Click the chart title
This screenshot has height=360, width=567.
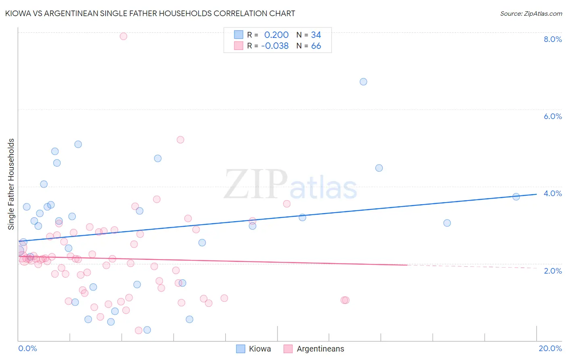(150, 13)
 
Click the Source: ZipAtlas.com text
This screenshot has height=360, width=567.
(531, 13)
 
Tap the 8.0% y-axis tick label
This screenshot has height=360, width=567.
(552, 39)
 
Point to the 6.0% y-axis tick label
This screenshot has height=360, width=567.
(552, 116)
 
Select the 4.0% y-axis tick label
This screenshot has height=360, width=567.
(552, 193)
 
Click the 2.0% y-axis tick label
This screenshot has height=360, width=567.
(552, 271)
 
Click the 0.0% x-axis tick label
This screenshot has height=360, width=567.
(27, 348)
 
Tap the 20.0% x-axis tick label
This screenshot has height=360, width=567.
(550, 348)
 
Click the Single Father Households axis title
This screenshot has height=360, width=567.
(11, 184)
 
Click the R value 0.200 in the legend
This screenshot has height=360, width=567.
(276, 35)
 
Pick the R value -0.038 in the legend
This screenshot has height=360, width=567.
(275, 46)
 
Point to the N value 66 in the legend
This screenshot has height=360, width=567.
(316, 46)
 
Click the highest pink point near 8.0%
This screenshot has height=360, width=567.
(123, 36)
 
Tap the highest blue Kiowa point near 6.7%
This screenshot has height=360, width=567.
(363, 82)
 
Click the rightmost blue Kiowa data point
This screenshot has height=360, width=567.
(516, 197)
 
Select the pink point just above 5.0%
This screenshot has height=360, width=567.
(180, 140)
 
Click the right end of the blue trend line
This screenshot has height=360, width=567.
(536, 194)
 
